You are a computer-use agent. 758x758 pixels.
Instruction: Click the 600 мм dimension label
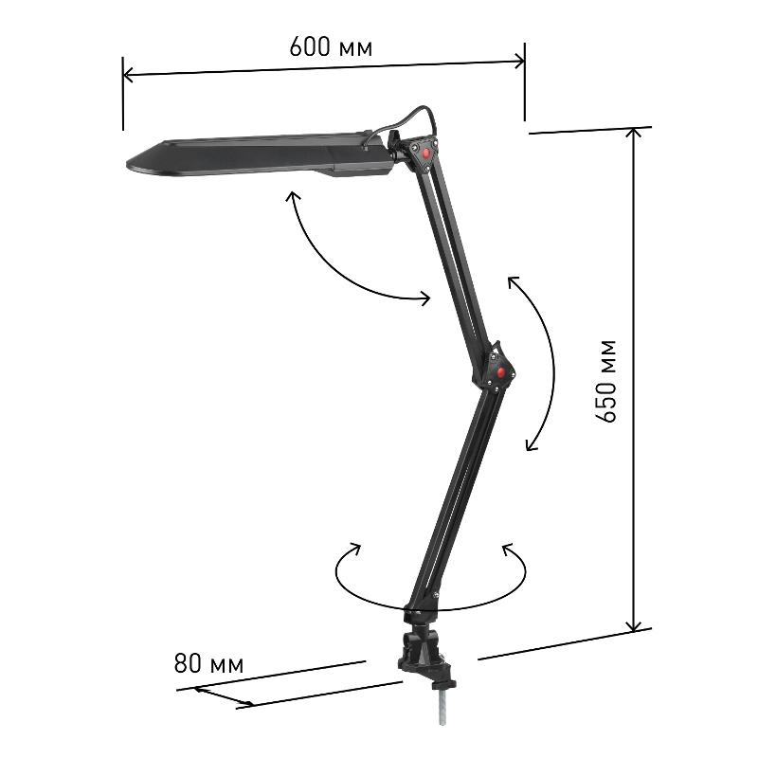pos(331,47)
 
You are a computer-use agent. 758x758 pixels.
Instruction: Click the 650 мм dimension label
pos(605,382)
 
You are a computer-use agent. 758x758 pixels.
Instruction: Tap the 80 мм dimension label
pos(208,663)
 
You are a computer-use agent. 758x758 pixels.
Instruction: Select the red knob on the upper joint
pos(425,153)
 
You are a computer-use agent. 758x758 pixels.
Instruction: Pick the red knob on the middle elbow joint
pos(501,372)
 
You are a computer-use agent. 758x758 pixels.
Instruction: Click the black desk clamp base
pos(426,657)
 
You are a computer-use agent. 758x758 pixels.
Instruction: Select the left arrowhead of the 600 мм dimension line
pos(128,75)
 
